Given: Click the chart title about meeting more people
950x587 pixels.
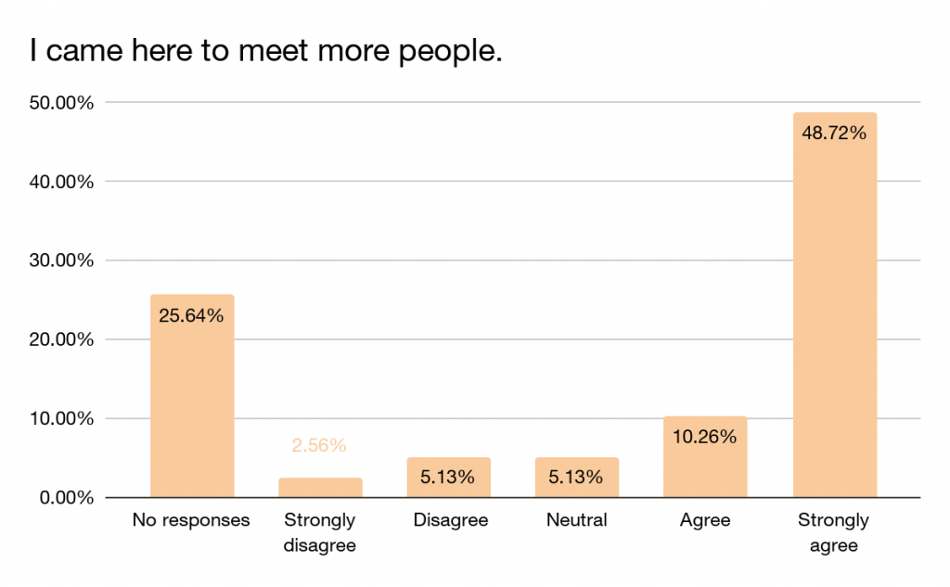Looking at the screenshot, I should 266,51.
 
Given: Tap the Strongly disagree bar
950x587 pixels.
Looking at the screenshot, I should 320,488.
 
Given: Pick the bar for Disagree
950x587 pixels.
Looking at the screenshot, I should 448,478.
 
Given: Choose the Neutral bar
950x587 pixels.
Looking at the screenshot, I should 576,478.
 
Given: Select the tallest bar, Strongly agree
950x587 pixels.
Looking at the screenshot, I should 834,305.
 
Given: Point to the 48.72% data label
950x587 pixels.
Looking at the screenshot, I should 834,134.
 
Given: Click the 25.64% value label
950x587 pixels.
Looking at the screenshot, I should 192,316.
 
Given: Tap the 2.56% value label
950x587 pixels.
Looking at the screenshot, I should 320,446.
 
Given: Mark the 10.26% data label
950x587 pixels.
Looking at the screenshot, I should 705,437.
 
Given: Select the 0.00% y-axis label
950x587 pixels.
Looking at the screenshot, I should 63,498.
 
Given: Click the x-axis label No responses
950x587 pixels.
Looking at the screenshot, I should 192,520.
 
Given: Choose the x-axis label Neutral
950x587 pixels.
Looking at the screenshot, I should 576,520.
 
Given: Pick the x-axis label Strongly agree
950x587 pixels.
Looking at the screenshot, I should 834,532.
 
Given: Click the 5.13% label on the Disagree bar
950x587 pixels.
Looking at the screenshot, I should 448,478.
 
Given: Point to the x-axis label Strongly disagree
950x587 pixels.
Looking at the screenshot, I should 320,532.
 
